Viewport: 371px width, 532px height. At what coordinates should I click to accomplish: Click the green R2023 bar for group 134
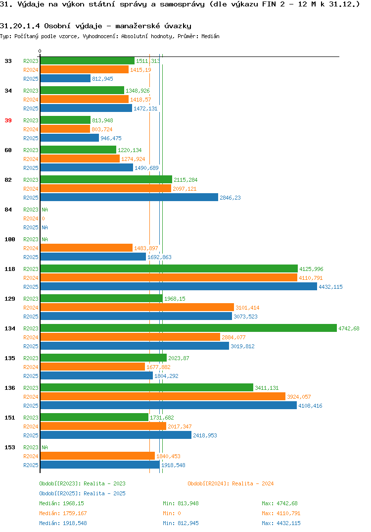coord(189,328)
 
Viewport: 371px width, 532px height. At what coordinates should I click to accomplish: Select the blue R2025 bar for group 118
coord(179,287)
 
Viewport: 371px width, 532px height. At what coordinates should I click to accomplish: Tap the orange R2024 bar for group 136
coord(163,397)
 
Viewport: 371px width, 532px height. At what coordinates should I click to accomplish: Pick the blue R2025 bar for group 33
coord(66,78)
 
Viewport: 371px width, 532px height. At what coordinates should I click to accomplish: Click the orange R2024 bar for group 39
coord(65,129)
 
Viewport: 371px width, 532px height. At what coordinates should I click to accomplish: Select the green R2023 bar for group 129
coord(101,299)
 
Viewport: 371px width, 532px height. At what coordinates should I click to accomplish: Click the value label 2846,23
coord(230,198)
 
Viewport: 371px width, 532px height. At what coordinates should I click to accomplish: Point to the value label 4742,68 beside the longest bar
coord(349,328)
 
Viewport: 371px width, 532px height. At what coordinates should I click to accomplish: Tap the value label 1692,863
coord(159,257)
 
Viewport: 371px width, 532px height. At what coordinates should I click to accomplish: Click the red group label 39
coord(8,120)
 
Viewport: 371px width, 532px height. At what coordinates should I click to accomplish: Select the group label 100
coord(10,239)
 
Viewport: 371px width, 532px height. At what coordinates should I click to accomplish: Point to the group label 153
coord(10,447)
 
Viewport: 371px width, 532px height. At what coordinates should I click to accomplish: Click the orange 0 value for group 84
coord(44,218)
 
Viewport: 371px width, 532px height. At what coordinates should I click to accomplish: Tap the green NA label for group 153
coord(45,447)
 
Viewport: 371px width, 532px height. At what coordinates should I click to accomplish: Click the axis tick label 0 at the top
coord(40,51)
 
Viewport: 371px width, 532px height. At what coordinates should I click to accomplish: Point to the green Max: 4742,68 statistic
coord(279,503)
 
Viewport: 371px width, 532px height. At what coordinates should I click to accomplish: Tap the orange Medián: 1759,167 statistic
coord(63,513)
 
